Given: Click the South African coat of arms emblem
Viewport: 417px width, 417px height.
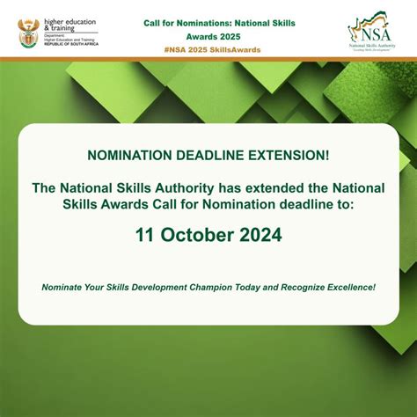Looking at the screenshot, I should (x=29, y=33).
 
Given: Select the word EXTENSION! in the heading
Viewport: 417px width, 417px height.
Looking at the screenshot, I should (x=290, y=156).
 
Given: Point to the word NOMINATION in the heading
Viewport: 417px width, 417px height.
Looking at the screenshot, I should (x=127, y=156).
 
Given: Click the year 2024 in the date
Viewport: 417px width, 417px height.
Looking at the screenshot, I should (x=262, y=236).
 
